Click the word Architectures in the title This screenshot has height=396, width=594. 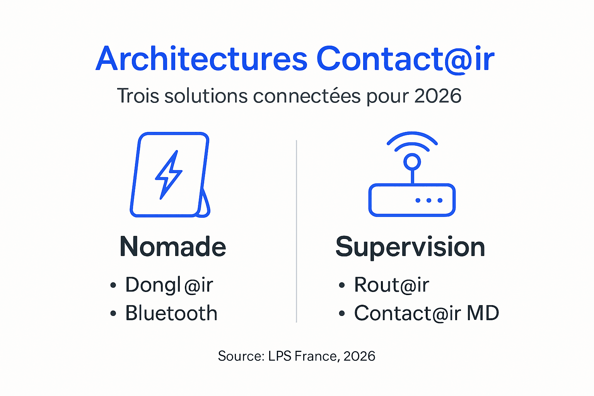tap(201, 59)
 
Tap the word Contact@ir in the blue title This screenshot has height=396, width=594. tap(405, 59)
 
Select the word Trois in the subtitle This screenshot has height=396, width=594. tap(138, 96)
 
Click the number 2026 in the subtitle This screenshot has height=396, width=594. tap(438, 96)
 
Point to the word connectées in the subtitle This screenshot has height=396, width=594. tap(307, 96)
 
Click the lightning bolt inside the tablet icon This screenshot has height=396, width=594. tap(168, 175)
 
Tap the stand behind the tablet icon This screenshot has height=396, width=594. tap(205, 204)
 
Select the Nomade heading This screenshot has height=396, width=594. tap(173, 247)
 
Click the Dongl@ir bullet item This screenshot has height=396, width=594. tap(169, 285)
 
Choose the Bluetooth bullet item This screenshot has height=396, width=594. tap(171, 313)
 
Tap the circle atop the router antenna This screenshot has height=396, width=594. tap(412, 162)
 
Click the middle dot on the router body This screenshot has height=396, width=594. tap(429, 200)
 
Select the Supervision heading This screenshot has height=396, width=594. tap(410, 247)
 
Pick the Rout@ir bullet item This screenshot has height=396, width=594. tap(391, 285)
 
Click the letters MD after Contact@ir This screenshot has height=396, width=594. tap(483, 313)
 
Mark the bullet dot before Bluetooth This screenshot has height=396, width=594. tap(113, 314)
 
